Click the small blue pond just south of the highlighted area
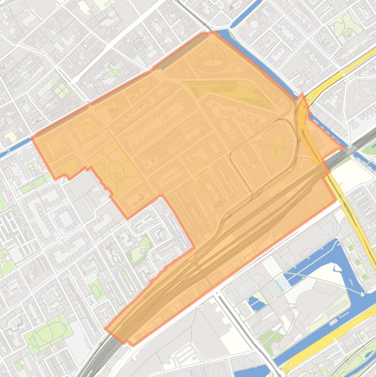[254, 304]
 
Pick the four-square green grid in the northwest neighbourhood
[60, 90]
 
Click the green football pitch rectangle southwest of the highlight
[96, 290]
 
